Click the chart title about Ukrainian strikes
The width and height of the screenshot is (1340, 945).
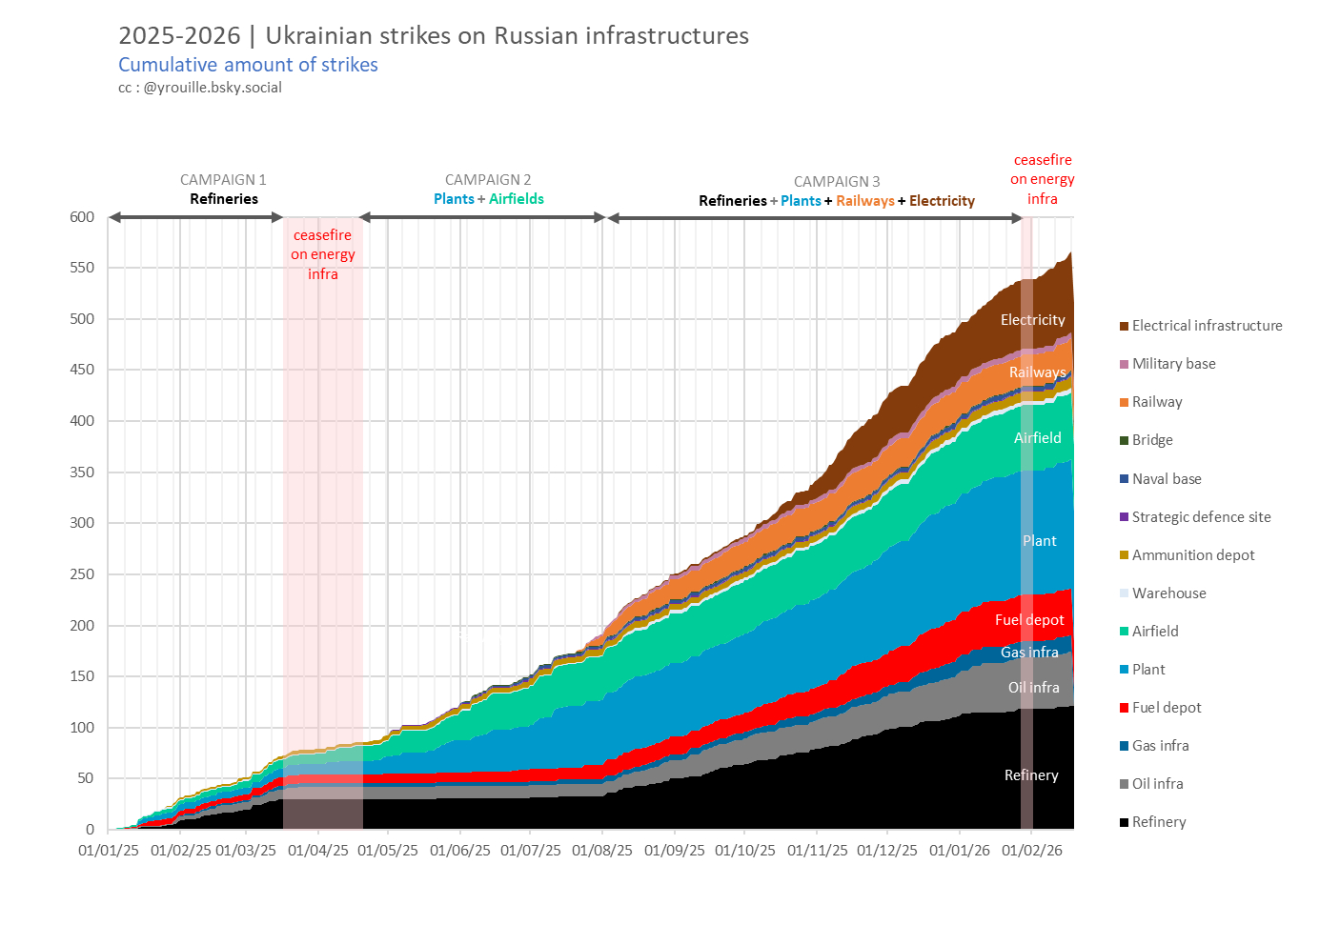(434, 36)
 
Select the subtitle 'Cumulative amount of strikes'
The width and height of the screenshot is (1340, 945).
(248, 65)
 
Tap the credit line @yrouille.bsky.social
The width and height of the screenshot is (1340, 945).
(200, 88)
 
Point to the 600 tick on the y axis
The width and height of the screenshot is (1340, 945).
(83, 217)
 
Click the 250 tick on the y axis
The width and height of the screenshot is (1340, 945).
(83, 574)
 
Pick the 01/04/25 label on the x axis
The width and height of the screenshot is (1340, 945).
(318, 850)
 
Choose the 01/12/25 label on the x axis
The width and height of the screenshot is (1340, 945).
(887, 850)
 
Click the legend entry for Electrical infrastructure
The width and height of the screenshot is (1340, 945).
(1207, 326)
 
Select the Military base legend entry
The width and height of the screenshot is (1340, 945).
(1173, 364)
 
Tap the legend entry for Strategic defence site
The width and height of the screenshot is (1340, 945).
(1201, 517)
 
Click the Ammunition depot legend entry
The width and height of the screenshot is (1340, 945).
(1193, 555)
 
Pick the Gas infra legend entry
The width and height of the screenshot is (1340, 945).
(1160, 746)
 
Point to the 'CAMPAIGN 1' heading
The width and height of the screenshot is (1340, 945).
(223, 180)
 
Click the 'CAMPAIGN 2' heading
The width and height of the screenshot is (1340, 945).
(488, 180)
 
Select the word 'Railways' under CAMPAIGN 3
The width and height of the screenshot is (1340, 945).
(865, 201)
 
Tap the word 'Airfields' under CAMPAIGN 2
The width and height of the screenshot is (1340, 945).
(517, 199)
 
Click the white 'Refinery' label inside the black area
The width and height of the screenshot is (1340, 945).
(1031, 775)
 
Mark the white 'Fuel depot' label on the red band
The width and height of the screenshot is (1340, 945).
(1029, 620)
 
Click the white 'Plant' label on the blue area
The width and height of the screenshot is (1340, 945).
(1039, 541)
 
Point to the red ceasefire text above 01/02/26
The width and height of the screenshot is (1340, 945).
(1043, 179)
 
